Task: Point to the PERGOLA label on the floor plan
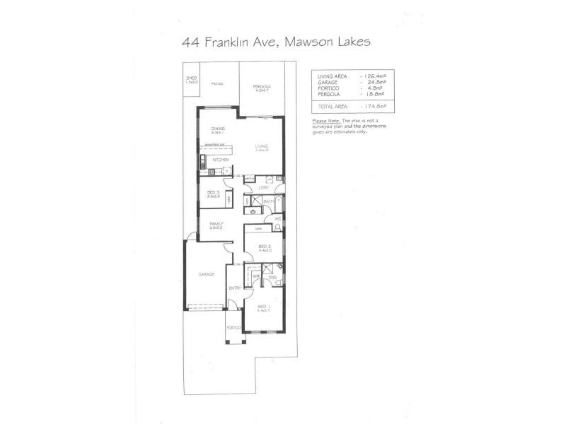tap(262, 86)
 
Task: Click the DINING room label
tap(218, 128)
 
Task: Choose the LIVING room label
tap(262, 146)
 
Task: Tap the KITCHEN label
tap(219, 160)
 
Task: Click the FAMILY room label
tap(216, 223)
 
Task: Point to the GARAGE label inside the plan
tap(206, 274)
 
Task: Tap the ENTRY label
tap(235, 288)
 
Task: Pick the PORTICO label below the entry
tap(233, 328)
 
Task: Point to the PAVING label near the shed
tap(217, 83)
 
